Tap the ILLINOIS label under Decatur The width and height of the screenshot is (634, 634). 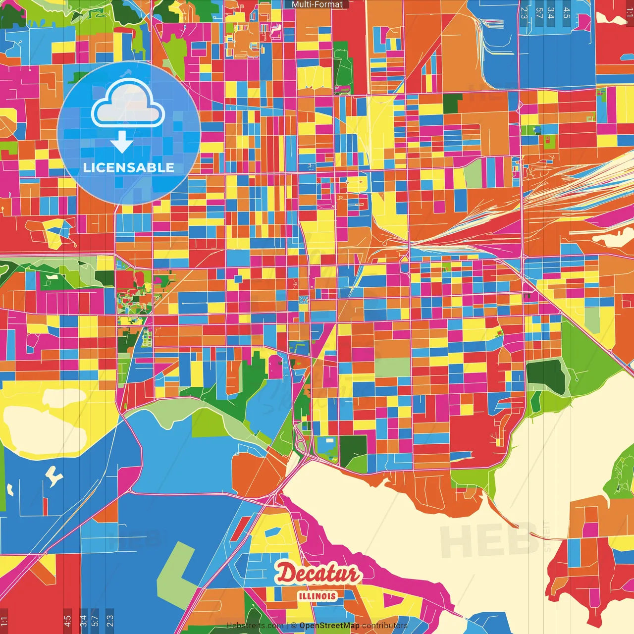click(317, 596)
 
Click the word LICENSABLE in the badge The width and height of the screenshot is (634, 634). click(128, 167)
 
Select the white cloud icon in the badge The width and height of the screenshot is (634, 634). click(128, 104)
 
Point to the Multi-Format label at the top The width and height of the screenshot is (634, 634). click(317, 4)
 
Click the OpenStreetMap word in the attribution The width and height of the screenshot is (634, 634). click(329, 626)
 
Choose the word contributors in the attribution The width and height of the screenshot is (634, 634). click(385, 626)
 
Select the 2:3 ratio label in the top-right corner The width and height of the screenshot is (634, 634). click(524, 13)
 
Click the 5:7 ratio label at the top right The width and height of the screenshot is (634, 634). click(539, 13)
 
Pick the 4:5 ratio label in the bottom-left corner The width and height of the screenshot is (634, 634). click(67, 621)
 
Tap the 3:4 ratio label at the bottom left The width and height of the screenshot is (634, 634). click(83, 621)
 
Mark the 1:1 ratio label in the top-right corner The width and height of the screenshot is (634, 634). click(629, 12)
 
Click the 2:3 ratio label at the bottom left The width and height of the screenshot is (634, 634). click(110, 621)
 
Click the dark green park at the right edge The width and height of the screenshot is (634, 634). click(546, 375)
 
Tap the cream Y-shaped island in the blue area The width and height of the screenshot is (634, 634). click(54, 475)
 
